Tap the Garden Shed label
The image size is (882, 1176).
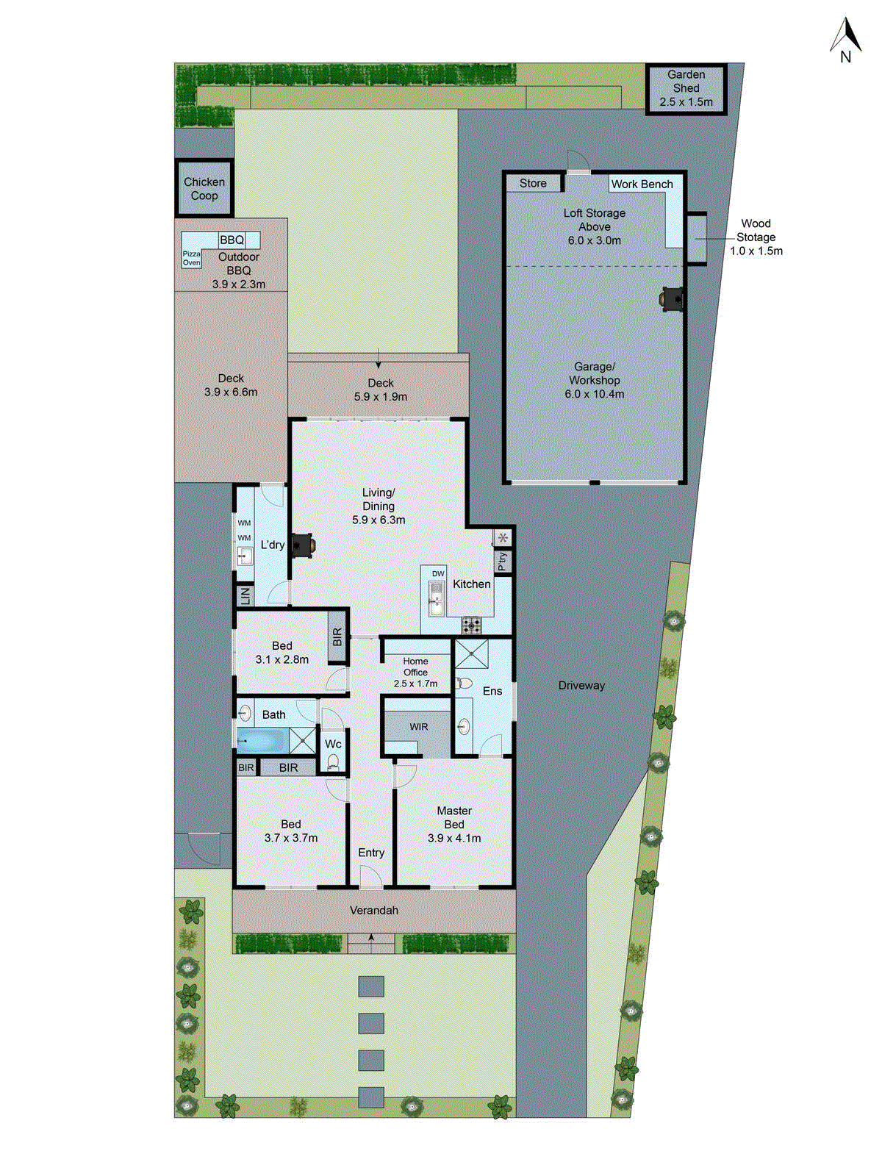point(686,88)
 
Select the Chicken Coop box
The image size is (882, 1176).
point(204,189)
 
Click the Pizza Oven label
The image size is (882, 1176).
point(191,258)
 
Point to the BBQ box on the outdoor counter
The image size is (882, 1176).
point(232,240)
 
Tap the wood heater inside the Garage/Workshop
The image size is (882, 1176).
point(673,298)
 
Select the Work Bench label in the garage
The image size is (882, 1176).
point(642,184)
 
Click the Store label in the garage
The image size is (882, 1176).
point(533,183)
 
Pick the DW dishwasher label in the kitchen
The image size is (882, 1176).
point(438,573)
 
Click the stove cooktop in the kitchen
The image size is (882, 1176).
point(471,625)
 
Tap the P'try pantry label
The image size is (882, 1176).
point(503,562)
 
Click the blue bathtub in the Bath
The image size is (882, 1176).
point(262,740)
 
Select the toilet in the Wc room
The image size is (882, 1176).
point(333,762)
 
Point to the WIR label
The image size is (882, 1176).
point(419,727)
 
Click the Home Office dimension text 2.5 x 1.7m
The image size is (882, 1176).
point(415,684)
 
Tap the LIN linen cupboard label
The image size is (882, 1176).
point(245,595)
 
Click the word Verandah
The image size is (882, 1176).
point(373,911)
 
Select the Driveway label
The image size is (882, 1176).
point(581,686)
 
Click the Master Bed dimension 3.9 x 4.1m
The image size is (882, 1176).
point(454,838)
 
